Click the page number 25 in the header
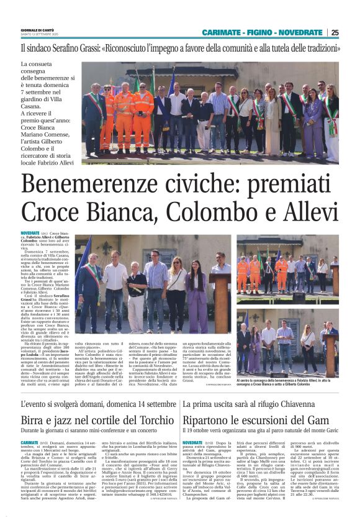tap(335, 32)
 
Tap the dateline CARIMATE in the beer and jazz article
tap(29, 442)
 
